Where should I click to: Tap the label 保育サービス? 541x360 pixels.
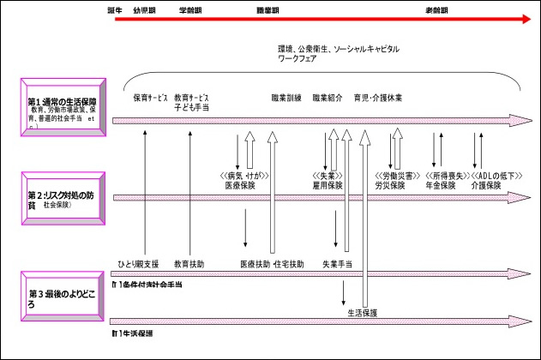[x=150, y=98]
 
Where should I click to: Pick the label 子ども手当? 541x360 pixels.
[x=191, y=108]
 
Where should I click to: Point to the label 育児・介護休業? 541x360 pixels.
[x=378, y=98]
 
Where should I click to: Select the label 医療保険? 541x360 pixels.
[x=241, y=184]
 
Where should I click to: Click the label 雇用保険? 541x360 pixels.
[x=328, y=184]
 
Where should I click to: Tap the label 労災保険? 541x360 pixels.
[x=390, y=184]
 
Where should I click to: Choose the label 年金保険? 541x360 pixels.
[x=441, y=184]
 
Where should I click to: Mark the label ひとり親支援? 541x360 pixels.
[x=138, y=264]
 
